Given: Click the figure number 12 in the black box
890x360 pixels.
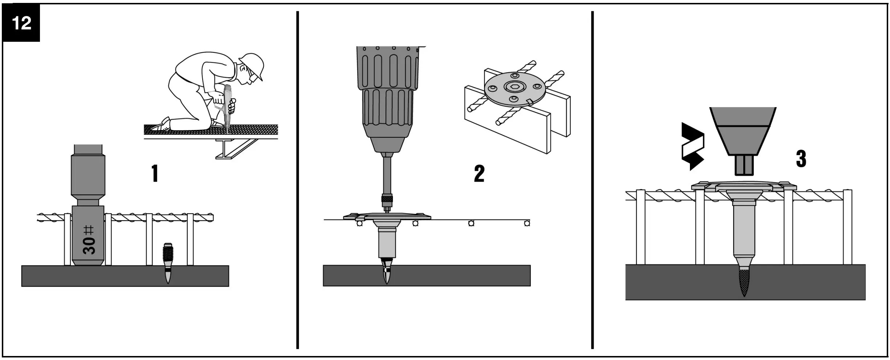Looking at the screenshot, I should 21,23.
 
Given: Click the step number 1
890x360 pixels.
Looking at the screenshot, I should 155,173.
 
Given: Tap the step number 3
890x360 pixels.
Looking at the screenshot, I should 801,159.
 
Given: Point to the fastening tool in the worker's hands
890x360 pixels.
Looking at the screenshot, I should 228,105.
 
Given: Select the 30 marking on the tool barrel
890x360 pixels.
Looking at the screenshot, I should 89,245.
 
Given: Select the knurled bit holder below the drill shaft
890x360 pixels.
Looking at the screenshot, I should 387,199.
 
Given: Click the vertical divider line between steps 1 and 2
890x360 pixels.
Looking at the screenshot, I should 297,180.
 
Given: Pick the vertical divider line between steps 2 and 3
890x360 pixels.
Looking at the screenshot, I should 593,180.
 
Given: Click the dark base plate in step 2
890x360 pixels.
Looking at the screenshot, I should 426,275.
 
